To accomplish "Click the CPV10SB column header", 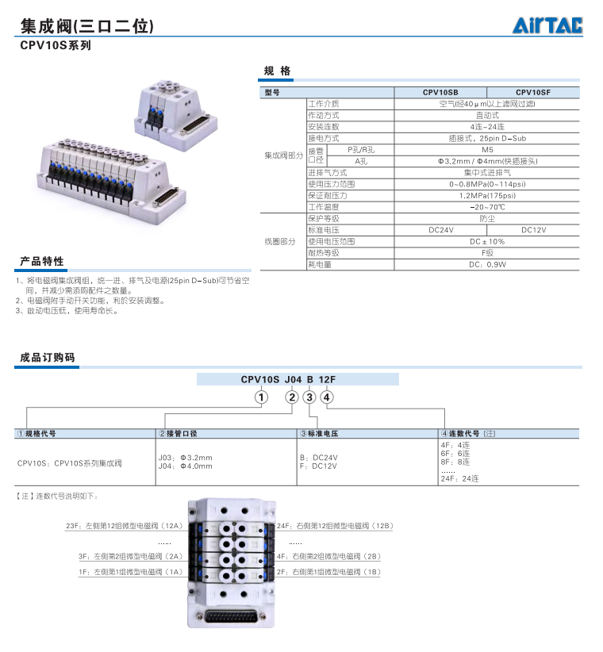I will tap(440, 93).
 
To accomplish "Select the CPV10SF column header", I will tap(532, 93).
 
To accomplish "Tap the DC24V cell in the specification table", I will tap(440, 230).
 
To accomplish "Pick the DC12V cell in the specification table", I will tap(533, 230).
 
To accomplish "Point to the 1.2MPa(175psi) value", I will tap(486, 195).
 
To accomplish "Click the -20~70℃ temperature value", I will tap(486, 207).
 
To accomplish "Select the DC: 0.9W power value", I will tap(486, 265).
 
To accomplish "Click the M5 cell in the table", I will tap(486, 149).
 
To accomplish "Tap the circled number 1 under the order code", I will tap(260, 397).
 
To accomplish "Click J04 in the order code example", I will tap(294, 380).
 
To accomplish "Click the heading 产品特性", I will tap(42, 262).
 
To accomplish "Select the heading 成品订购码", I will tap(48, 359).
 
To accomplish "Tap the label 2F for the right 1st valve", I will tap(328, 571).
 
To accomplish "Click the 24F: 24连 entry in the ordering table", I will tap(460, 478).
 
